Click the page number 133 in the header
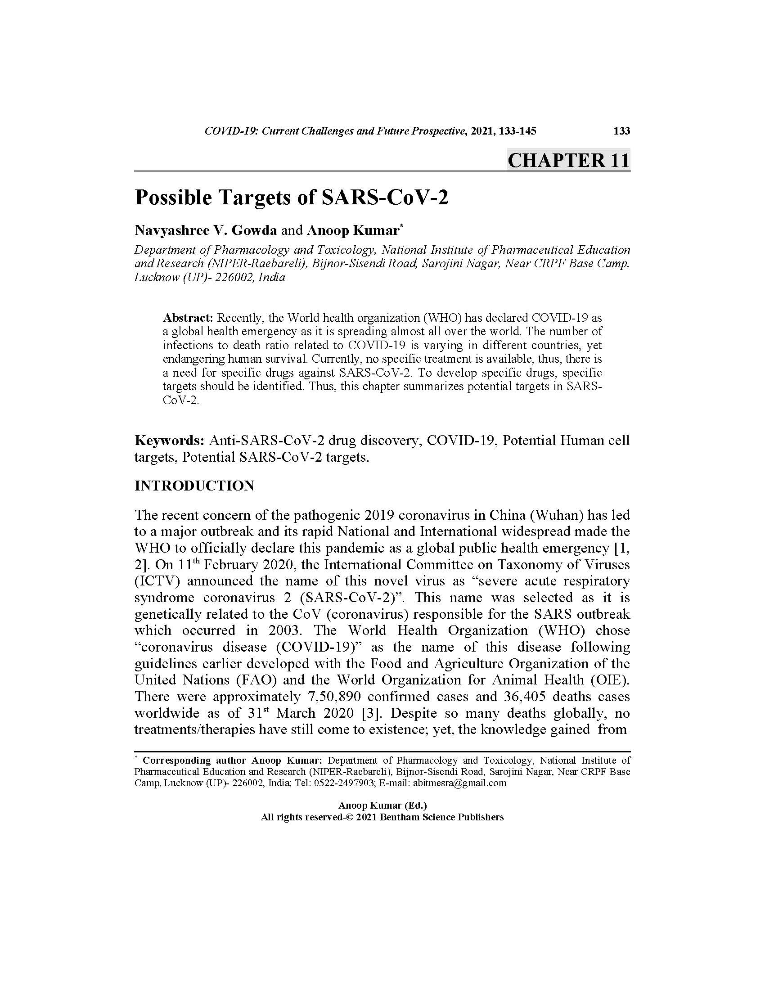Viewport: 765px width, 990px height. pos(621,131)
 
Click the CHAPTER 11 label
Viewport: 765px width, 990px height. pos(568,161)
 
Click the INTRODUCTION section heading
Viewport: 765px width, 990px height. pos(194,486)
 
